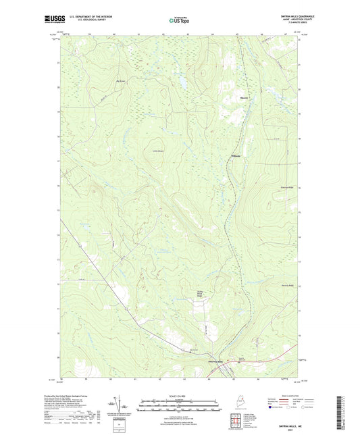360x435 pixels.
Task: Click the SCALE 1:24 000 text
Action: (x=180, y=395)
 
